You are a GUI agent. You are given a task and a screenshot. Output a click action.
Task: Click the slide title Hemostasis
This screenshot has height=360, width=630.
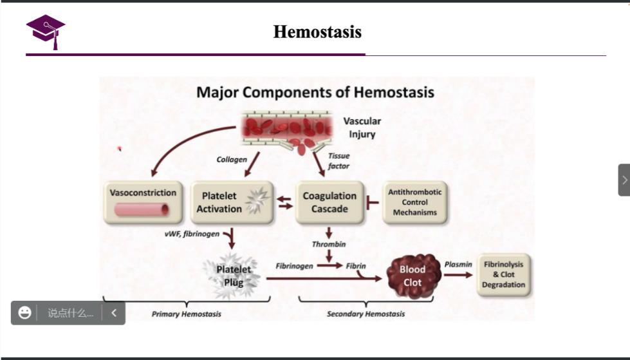pyautogui.click(x=317, y=32)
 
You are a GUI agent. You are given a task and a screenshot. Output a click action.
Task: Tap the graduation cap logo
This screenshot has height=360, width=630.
pyautogui.click(x=45, y=31)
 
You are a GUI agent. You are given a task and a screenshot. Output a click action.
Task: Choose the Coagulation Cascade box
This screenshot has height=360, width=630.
pyautogui.click(x=329, y=202)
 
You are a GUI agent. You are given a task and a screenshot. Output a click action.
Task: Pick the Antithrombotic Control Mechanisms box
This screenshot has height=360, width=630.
pyautogui.click(x=414, y=202)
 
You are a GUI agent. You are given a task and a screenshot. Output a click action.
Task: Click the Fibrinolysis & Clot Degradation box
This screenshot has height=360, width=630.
pyautogui.click(x=504, y=275)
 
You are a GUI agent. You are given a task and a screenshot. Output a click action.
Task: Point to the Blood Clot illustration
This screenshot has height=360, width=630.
pyautogui.click(x=413, y=276)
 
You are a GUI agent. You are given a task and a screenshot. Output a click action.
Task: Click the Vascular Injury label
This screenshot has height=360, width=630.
pyautogui.click(x=362, y=128)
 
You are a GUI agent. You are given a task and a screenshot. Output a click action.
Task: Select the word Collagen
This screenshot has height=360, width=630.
pyautogui.click(x=232, y=159)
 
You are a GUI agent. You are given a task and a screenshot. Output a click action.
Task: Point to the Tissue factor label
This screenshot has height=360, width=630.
pyautogui.click(x=339, y=161)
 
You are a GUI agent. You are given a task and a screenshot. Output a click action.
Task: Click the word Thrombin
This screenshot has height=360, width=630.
pyautogui.click(x=329, y=244)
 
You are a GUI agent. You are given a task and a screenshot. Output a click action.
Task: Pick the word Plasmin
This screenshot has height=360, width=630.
pyautogui.click(x=458, y=264)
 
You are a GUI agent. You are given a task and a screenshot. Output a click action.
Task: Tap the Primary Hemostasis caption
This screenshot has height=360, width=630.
pyautogui.click(x=187, y=314)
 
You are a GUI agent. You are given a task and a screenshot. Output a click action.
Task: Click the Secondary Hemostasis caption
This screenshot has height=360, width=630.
pyautogui.click(x=366, y=314)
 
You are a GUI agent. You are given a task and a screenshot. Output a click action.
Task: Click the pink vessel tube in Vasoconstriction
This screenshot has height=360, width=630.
pyautogui.click(x=142, y=209)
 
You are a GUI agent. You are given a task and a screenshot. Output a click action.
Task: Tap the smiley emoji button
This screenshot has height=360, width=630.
pyautogui.click(x=25, y=313)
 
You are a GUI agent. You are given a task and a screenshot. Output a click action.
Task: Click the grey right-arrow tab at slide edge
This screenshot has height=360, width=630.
pyautogui.click(x=624, y=180)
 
